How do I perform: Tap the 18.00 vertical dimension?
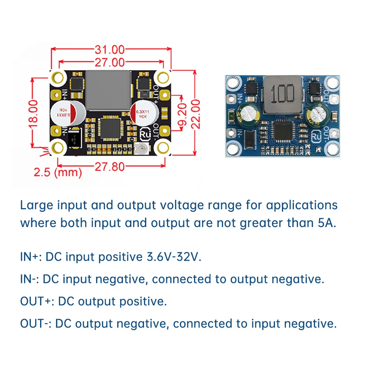point(33,113)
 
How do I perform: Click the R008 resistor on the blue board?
point(316,99)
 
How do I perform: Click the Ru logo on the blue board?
point(316,136)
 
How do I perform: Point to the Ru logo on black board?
point(145,133)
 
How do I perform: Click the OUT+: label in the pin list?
point(37,301)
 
